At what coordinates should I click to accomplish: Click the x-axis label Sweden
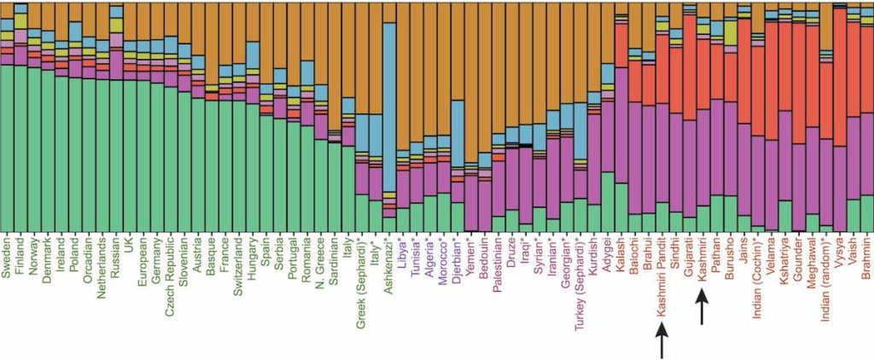(7, 257)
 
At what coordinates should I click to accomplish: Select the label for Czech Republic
(171, 270)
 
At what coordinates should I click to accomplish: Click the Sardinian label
(334, 261)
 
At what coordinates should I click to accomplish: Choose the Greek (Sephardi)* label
(361, 278)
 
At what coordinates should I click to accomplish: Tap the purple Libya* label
(402, 253)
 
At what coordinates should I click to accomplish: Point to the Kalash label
(621, 254)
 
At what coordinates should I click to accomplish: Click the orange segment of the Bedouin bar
(484, 77)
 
